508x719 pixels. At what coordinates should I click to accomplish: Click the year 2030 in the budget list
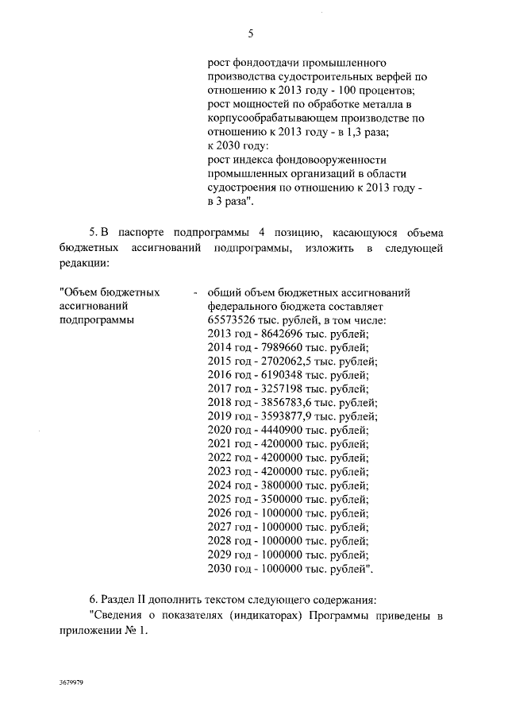point(219,569)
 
